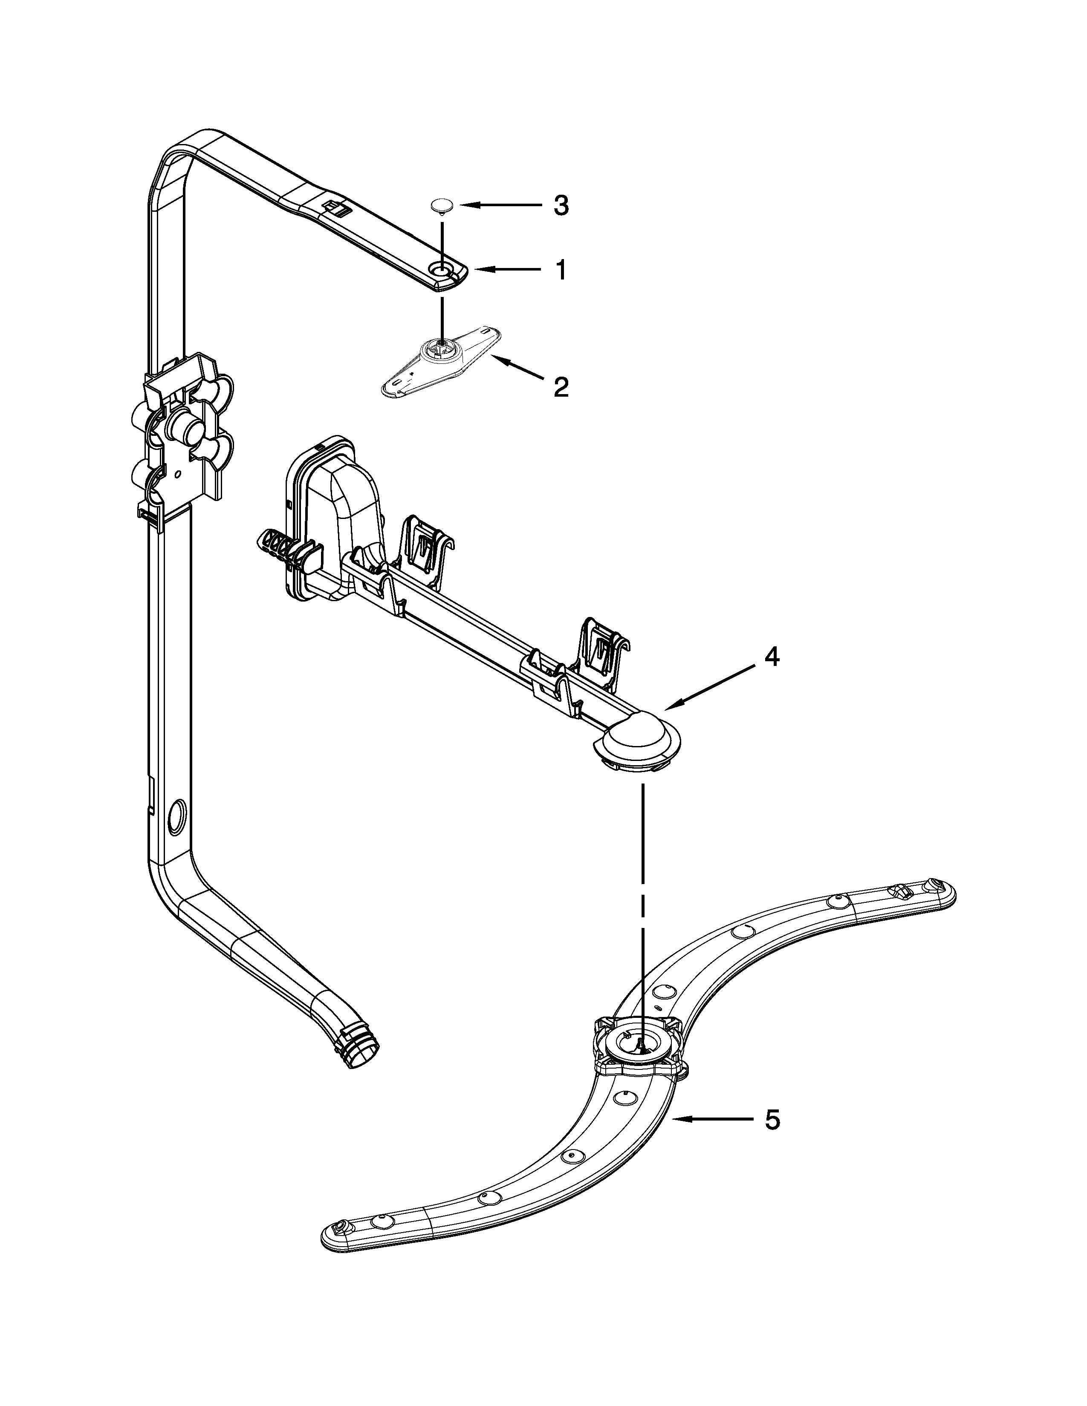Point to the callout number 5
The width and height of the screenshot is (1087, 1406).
772,1120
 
